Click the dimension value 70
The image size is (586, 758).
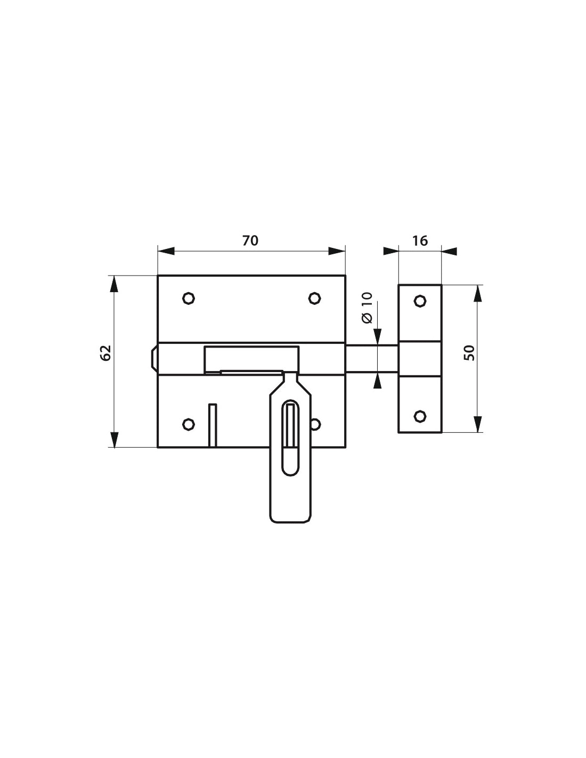click(x=250, y=240)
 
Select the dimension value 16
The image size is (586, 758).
click(x=420, y=240)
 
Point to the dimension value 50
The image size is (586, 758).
click(x=469, y=352)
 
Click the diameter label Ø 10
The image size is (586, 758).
click(x=367, y=308)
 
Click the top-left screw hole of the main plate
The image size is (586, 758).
click(x=188, y=298)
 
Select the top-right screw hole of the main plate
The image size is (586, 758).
click(x=315, y=298)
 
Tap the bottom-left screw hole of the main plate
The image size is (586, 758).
click(x=188, y=424)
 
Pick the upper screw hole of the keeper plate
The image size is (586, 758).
click(x=420, y=301)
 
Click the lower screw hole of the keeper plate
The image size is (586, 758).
click(x=420, y=416)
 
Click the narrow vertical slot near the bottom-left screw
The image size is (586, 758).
click(x=213, y=425)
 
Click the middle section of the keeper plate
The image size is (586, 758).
click(x=420, y=358)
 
